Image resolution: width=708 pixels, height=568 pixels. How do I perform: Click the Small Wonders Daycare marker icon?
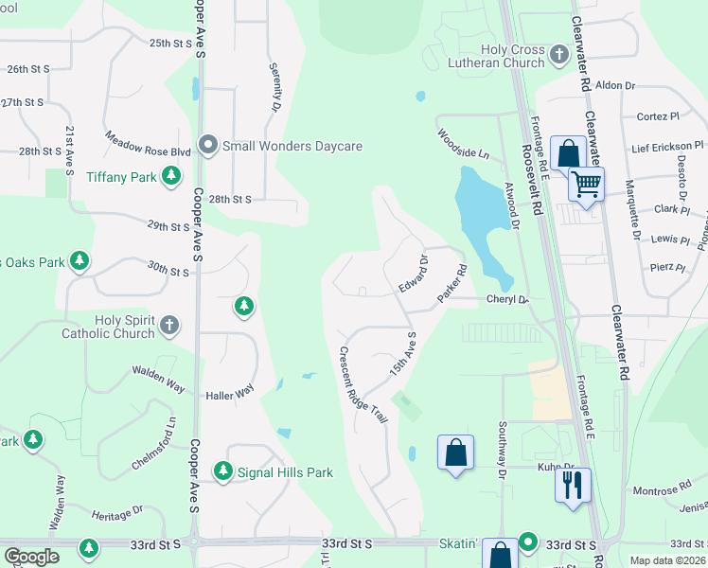pyautogui.click(x=209, y=147)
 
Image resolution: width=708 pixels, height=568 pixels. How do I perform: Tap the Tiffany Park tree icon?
pyautogui.click(x=171, y=176)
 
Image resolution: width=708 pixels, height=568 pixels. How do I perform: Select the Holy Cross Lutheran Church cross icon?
pyautogui.click(x=558, y=55)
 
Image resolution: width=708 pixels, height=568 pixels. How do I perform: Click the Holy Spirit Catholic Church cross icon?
pyautogui.click(x=169, y=326)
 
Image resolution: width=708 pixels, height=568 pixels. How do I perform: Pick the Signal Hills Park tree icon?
pyautogui.click(x=222, y=471)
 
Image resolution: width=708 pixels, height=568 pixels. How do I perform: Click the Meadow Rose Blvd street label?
pyautogui.click(x=149, y=145)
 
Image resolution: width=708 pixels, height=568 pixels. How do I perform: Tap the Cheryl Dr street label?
pyautogui.click(x=506, y=300)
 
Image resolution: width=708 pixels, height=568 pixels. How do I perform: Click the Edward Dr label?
pyautogui.click(x=413, y=273)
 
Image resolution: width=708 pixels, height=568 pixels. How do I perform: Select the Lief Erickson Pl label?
pyautogui.click(x=667, y=147)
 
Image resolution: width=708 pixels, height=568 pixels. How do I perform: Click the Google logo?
pyautogui.click(x=31, y=557)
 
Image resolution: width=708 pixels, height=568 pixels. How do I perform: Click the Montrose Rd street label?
pyautogui.click(x=656, y=490)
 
